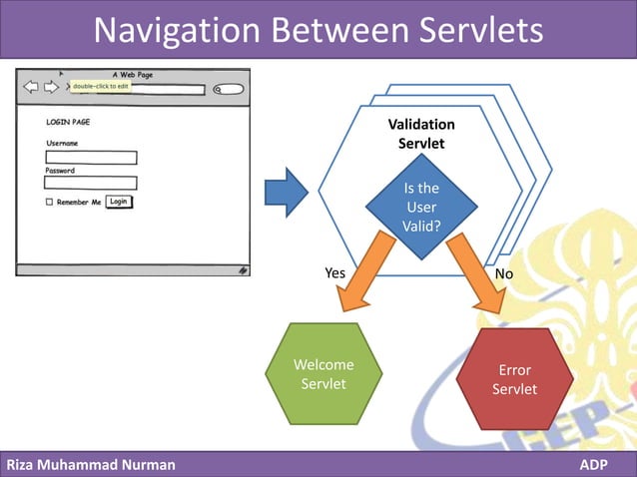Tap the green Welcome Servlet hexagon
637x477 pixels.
[x=323, y=374]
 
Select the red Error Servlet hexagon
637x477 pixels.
[x=514, y=379]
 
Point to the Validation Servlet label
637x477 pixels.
[x=421, y=134]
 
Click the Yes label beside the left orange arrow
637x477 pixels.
[x=336, y=272]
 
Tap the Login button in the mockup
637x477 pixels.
[x=119, y=202]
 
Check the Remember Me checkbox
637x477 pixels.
[x=49, y=203]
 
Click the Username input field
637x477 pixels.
[x=91, y=157]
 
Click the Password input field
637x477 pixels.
[x=91, y=183]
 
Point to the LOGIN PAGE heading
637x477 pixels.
[x=68, y=122]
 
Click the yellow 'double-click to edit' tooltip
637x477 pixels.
[x=101, y=86]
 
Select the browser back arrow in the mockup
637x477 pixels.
[x=31, y=87]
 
